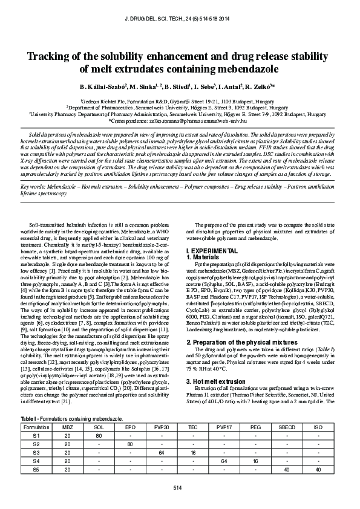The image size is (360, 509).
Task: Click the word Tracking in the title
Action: pyautogui.click(x=53, y=57)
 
